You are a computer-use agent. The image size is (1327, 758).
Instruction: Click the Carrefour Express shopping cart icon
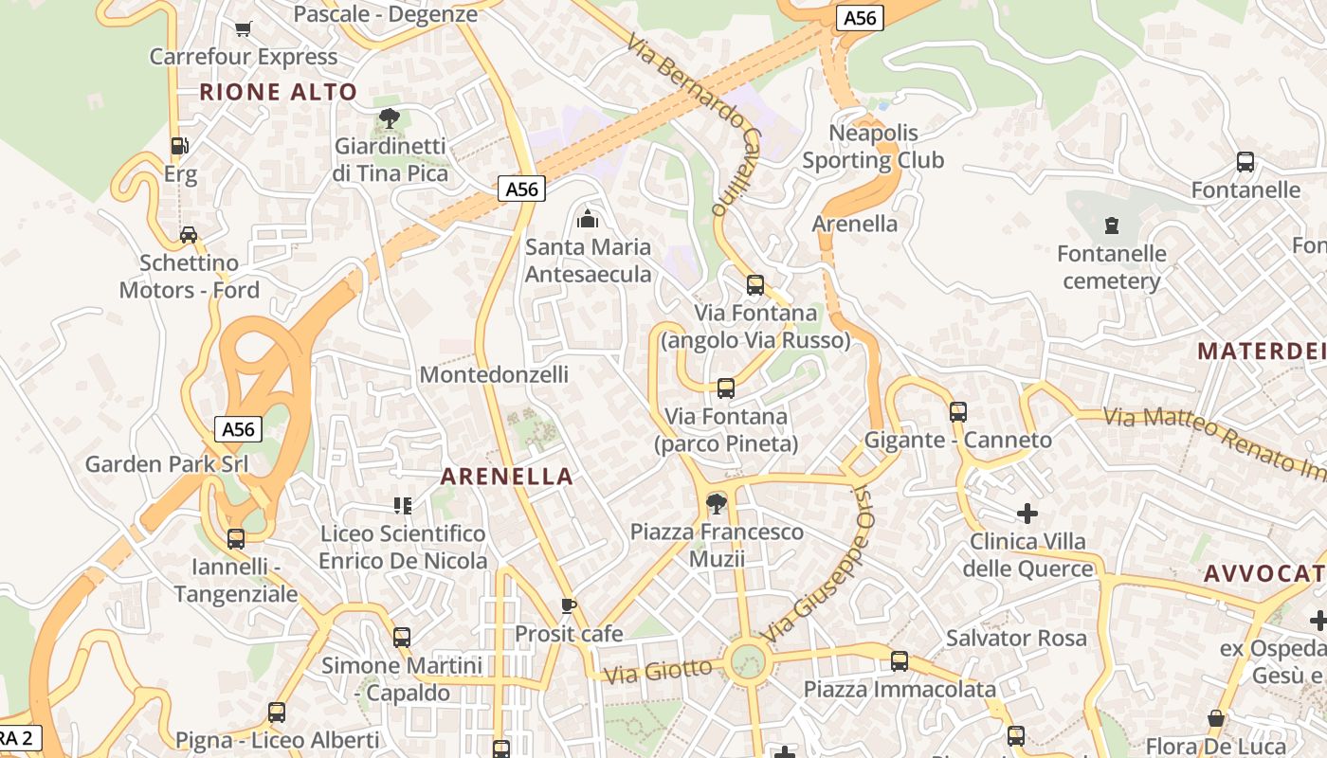(244, 28)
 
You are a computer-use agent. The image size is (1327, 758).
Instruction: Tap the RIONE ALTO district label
(279, 92)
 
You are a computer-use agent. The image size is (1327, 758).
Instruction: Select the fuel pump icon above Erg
(179, 146)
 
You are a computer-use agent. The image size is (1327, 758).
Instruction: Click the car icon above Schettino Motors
(189, 234)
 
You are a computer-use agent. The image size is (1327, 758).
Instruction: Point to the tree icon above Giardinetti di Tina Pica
(389, 118)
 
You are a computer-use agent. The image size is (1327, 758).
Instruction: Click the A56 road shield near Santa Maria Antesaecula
(521, 189)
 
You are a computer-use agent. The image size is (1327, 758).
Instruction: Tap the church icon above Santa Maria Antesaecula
(588, 219)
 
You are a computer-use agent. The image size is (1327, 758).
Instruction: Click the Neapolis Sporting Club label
(873, 146)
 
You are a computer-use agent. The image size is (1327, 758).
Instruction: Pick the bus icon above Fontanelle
(1245, 162)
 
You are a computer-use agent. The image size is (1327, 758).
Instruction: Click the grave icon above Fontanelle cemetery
(1112, 226)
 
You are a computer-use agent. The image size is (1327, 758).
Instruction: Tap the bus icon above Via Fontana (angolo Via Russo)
(755, 284)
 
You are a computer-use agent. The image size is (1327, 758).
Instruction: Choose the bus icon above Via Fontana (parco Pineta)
(726, 388)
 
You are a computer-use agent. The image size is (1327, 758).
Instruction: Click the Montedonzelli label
(494, 374)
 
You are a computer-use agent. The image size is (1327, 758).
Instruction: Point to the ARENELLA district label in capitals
(507, 477)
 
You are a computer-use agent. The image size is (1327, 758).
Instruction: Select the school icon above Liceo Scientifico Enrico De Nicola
(402, 506)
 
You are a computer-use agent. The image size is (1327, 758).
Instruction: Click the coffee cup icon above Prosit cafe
(569, 605)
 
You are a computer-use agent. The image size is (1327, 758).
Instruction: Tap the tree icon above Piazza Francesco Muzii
(717, 503)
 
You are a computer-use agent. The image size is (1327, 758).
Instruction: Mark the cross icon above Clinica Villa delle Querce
(1027, 514)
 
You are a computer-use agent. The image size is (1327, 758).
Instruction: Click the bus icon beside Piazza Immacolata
(900, 660)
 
